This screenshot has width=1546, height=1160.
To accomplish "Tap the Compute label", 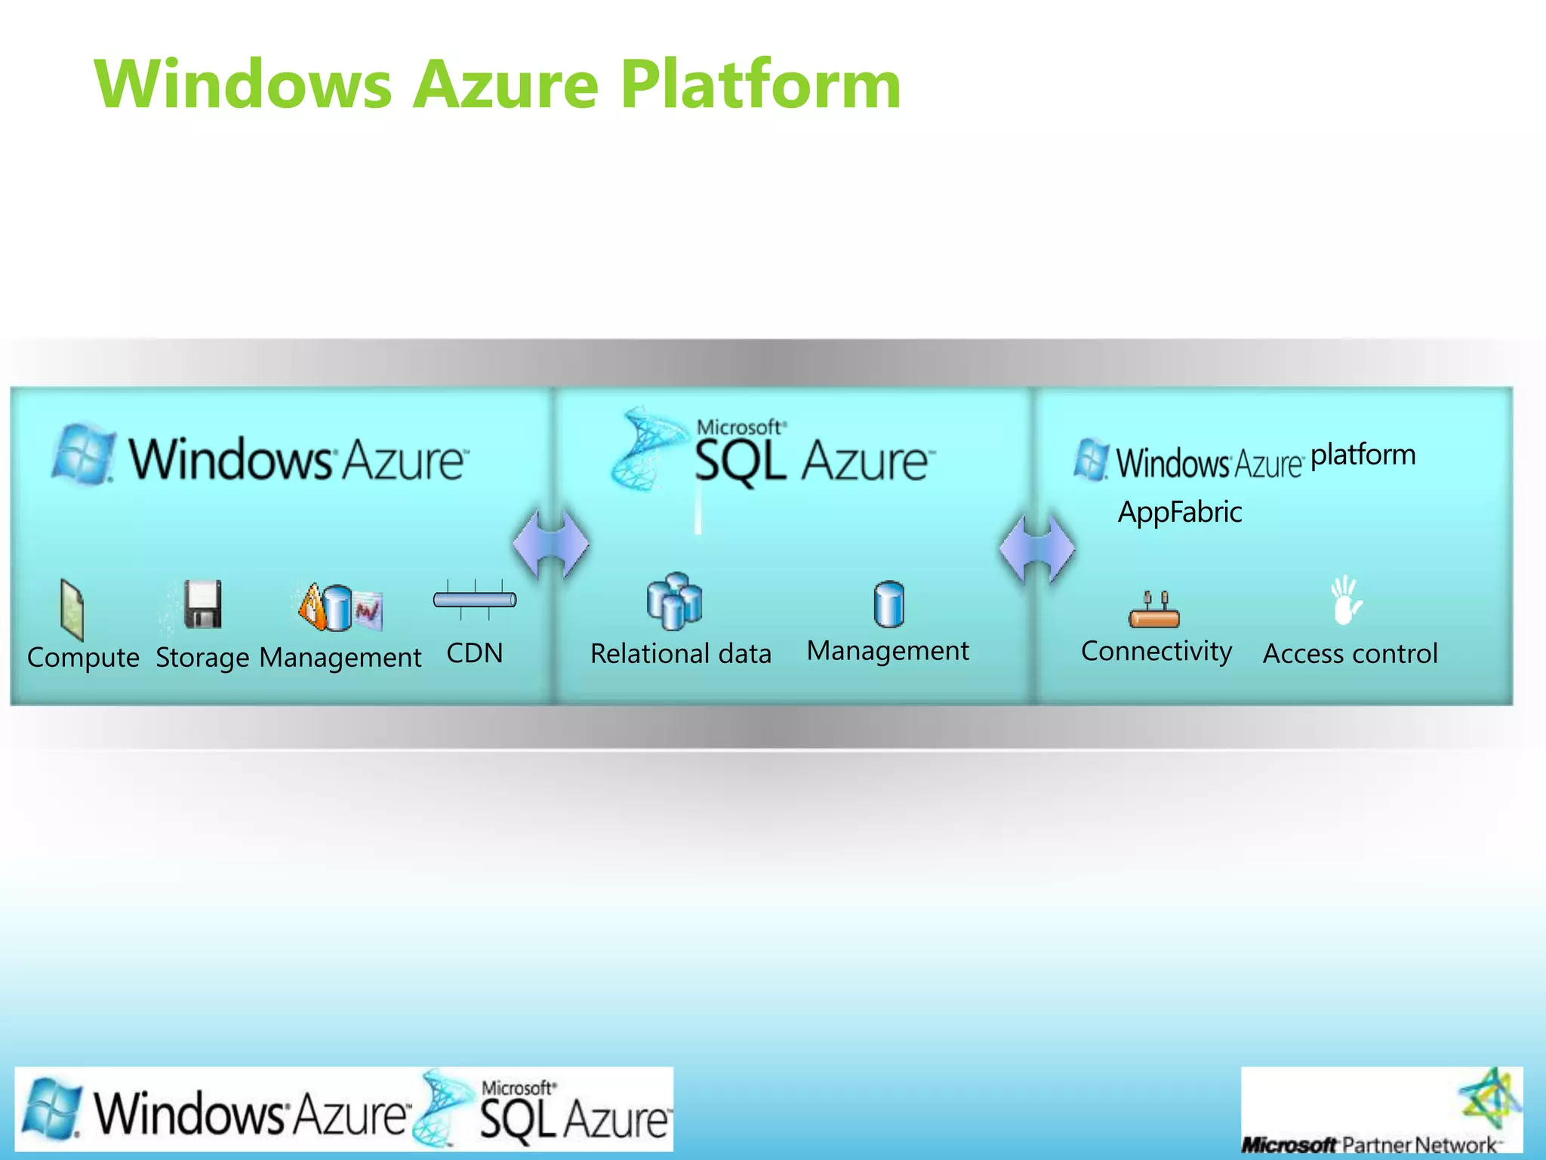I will point(83,657).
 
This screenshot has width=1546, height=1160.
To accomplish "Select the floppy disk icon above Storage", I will point(203,604).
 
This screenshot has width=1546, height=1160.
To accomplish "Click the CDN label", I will point(474,653).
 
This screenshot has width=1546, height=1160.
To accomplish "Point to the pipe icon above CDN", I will point(475,600).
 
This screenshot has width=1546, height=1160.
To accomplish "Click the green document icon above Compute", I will point(72,609).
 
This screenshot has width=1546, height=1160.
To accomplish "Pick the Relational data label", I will point(680,654).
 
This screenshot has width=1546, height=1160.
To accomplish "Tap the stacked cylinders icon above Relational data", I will point(674,601).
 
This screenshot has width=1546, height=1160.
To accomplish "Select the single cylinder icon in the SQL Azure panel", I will point(888,604).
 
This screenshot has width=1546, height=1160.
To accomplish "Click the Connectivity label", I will point(1156,651).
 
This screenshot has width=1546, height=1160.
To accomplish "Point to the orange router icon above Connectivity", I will point(1154,611).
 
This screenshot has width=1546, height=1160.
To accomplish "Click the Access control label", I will point(1350,654).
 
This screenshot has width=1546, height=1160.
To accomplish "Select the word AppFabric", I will point(1179,512).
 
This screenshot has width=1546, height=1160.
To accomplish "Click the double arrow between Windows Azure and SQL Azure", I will point(551,544).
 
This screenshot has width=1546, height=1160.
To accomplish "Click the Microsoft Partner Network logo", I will point(1381,1109).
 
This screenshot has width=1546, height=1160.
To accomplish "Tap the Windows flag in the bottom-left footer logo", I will point(51,1109).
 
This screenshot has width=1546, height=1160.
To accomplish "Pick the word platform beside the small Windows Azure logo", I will point(1363,455).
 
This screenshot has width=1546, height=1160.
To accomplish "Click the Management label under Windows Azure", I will point(340,658).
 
